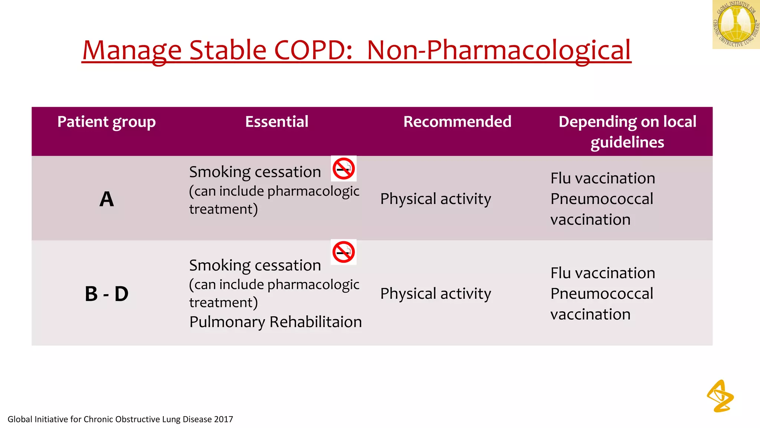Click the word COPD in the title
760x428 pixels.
coord(313,50)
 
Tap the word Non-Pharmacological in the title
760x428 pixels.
coord(498,50)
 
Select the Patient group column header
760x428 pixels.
coord(107,122)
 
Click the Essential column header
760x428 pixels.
coord(276,122)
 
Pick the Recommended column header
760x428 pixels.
coord(457,122)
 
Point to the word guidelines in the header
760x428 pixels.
coord(627,142)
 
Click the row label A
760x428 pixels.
coord(107,199)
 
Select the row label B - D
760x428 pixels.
coord(107,294)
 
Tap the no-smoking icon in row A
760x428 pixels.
coord(344,169)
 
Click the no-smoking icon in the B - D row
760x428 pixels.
coord(344,252)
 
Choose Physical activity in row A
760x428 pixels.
coord(436,199)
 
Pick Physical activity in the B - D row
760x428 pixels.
coord(436,294)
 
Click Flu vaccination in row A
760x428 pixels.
coord(603,178)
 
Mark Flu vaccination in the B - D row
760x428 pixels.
coord(603,273)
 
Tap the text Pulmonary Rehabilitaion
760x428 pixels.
coord(275,322)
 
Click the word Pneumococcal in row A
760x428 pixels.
coord(602,199)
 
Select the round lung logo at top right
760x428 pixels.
coord(736,25)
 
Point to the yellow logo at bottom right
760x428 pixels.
coord(720,396)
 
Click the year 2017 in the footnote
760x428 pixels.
coord(223,419)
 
